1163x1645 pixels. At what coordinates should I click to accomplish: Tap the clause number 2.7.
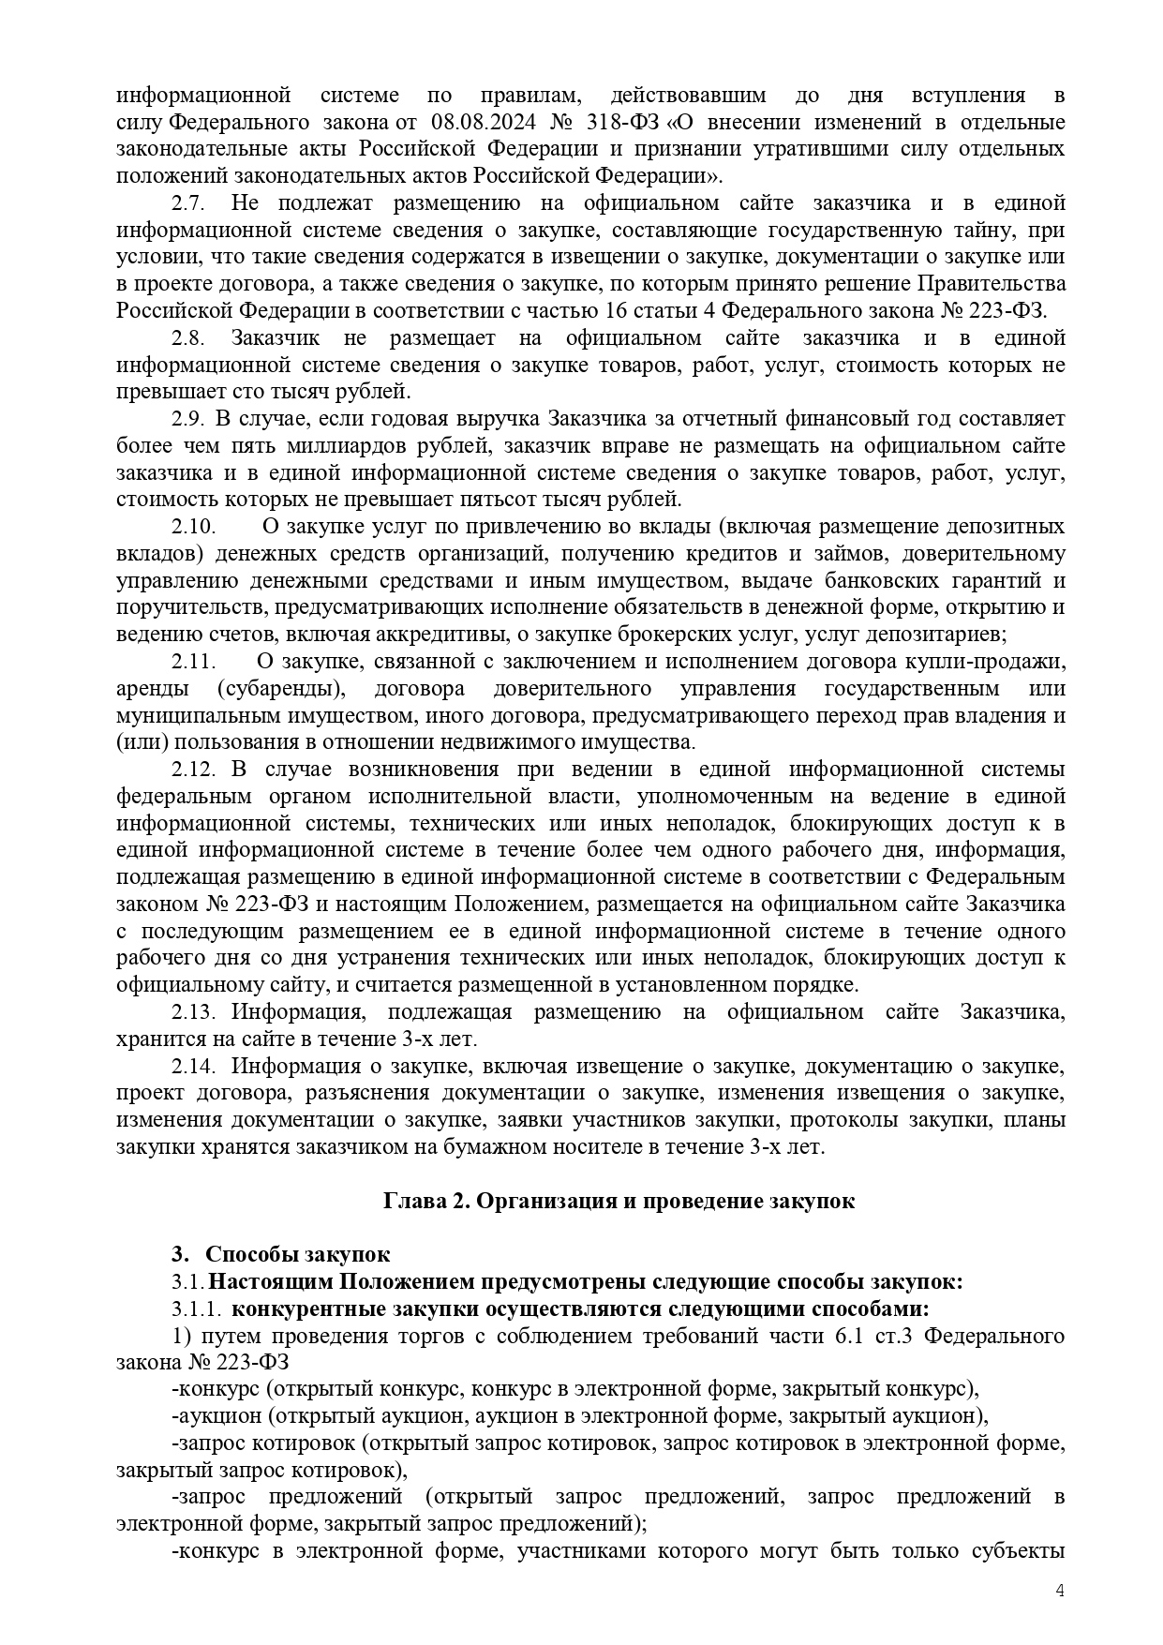(189, 203)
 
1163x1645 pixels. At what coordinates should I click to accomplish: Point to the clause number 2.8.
(189, 338)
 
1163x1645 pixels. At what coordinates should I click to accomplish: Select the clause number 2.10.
(194, 527)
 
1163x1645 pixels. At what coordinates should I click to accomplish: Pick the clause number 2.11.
(194, 662)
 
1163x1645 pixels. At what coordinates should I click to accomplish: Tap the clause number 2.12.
(194, 770)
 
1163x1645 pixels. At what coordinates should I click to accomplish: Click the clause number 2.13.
(194, 1012)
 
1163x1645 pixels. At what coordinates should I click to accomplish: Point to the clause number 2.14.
(194, 1067)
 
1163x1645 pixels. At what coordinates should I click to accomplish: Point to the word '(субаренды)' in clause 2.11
(281, 689)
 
